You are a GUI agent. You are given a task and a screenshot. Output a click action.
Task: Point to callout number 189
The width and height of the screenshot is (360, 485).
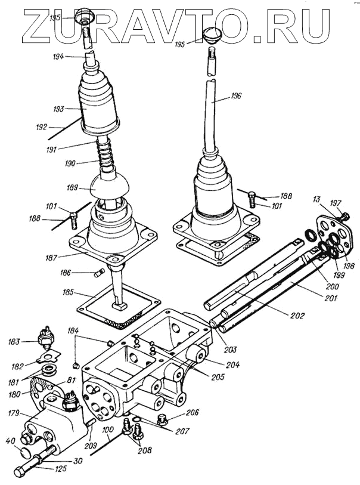(73, 187)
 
